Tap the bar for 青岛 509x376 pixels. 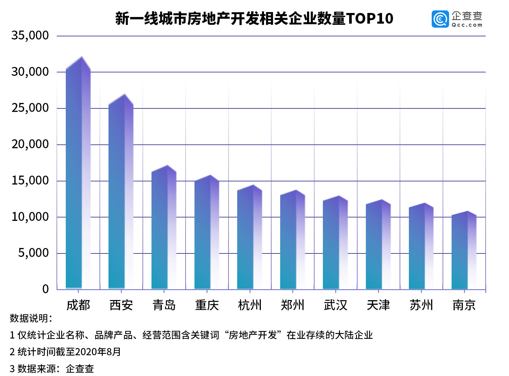[x=164, y=228]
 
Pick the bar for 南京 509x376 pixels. [x=464, y=251]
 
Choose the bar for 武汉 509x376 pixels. [x=335, y=244]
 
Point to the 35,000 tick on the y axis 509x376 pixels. [x=30, y=36]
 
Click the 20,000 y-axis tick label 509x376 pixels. [x=30, y=144]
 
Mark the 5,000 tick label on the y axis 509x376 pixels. [x=33, y=253]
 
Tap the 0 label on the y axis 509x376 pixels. [x=46, y=289]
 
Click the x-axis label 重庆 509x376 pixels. [x=207, y=305]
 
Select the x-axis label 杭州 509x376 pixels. [x=250, y=305]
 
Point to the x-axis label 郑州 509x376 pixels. [x=293, y=305]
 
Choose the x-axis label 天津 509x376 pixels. [x=378, y=305]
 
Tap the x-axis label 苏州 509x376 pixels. [x=421, y=305]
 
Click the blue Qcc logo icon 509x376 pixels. [x=440, y=19]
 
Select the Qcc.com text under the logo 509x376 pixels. [x=467, y=25]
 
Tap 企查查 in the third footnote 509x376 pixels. [x=80, y=369]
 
